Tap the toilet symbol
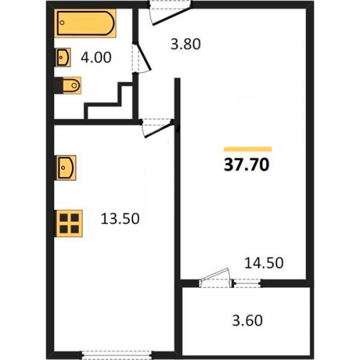[68, 85]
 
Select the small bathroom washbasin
[63, 58]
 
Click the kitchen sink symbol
[66, 168]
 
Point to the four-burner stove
[69, 223]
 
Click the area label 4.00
[96, 58]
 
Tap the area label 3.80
[186, 45]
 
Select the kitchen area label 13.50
[120, 219]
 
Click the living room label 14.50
[264, 263]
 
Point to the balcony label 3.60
[247, 320]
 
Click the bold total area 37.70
[246, 165]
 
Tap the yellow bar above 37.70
[248, 149]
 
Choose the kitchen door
[157, 129]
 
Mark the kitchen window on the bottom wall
[116, 355]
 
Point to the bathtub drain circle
[62, 23]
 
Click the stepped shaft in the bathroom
[109, 101]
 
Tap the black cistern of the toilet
[58, 85]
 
